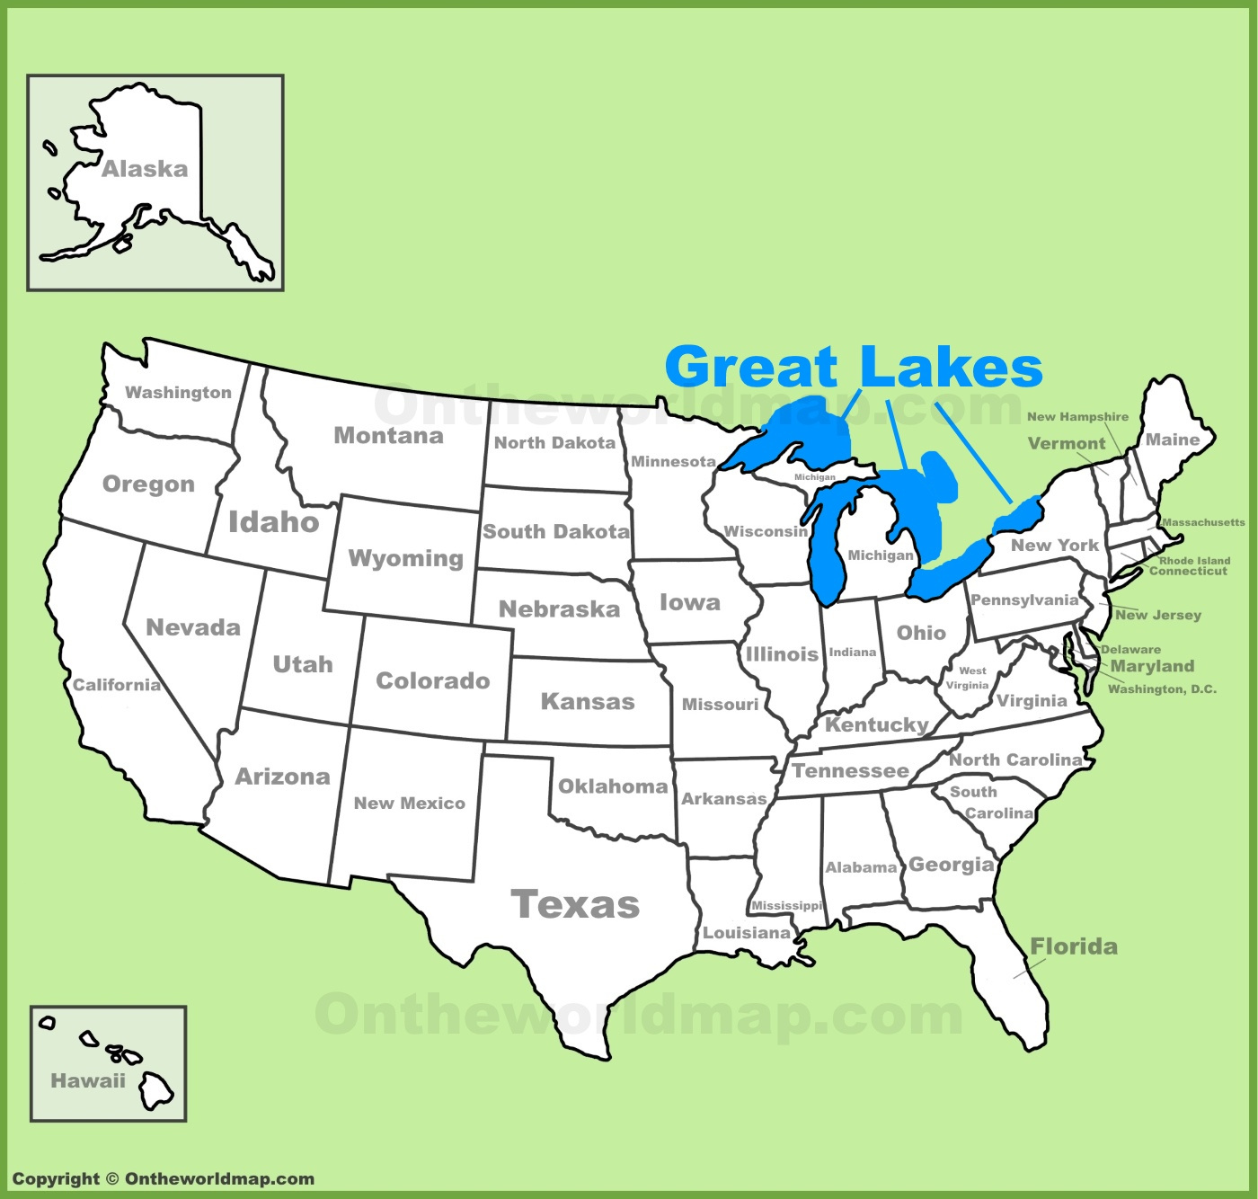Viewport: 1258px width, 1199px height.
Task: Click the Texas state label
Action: click(575, 904)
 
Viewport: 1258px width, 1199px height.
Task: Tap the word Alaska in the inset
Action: click(145, 169)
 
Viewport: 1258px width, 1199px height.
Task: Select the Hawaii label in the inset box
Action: click(88, 1080)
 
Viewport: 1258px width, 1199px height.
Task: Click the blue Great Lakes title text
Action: click(854, 367)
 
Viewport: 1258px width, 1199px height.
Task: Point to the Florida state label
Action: click(1074, 946)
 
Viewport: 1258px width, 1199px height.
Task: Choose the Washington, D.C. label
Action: click(1162, 689)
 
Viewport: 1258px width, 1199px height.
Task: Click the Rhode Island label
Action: click(1194, 560)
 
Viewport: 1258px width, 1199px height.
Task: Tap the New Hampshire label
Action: click(1077, 416)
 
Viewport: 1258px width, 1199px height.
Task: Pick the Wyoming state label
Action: click(405, 558)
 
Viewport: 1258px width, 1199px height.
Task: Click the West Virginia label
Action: click(968, 678)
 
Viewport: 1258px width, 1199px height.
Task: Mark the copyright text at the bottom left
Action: click(163, 1179)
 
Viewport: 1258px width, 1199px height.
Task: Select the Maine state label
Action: click(1173, 440)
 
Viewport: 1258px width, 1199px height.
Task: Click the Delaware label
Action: click(1130, 649)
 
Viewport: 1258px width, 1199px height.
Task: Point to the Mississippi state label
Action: click(787, 905)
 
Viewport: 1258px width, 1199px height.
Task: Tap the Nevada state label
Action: click(193, 627)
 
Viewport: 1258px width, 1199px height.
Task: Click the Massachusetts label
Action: click(1203, 522)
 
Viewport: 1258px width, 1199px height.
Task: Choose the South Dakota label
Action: click(555, 531)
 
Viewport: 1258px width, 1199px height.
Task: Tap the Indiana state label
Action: click(852, 652)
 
